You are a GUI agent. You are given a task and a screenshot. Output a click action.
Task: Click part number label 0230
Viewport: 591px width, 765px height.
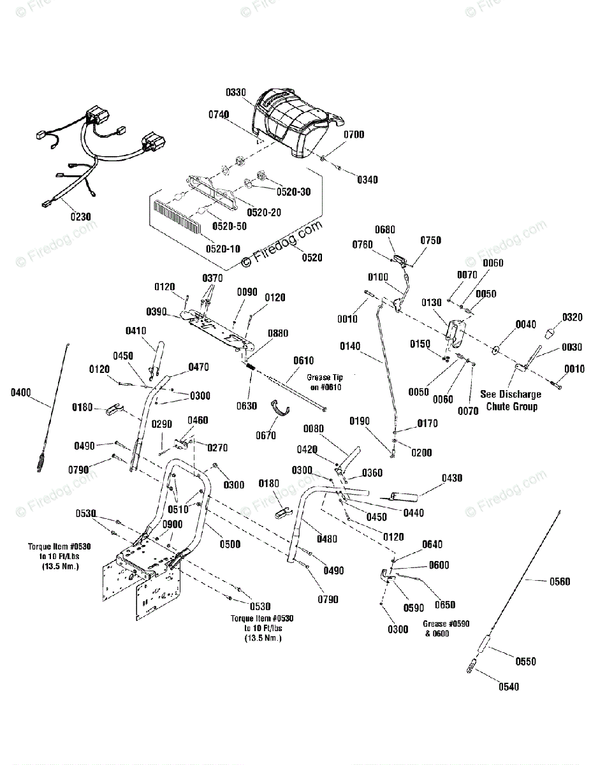(81, 216)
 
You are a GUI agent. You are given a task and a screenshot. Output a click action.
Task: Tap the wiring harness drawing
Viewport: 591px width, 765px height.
(96, 153)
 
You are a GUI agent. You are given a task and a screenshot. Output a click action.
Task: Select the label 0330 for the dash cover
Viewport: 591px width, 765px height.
(235, 92)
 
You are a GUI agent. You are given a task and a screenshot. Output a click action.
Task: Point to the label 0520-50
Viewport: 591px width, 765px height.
(230, 226)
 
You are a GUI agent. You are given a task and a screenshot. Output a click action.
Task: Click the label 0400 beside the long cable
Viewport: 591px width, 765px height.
(20, 393)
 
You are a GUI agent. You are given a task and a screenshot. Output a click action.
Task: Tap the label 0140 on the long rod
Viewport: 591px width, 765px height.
(350, 346)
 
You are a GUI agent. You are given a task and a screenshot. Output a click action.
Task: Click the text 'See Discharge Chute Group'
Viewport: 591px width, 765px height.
(511, 400)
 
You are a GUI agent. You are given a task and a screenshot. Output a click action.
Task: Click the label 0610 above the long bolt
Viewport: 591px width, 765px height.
(303, 361)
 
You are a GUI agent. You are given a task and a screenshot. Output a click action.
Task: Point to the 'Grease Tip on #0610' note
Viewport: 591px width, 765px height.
(325, 382)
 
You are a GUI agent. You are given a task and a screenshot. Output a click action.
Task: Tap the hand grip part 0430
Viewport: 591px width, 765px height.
(399, 495)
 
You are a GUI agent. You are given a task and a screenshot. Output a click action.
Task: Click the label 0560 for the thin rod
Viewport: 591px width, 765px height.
(559, 581)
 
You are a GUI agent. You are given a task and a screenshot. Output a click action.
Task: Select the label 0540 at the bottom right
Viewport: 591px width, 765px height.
(508, 687)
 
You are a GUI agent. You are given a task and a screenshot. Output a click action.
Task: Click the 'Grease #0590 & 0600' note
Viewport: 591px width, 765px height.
(446, 629)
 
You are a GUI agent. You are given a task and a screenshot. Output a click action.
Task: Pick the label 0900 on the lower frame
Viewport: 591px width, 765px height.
(172, 524)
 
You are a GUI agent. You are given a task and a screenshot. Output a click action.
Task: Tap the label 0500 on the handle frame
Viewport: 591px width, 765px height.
(230, 544)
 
